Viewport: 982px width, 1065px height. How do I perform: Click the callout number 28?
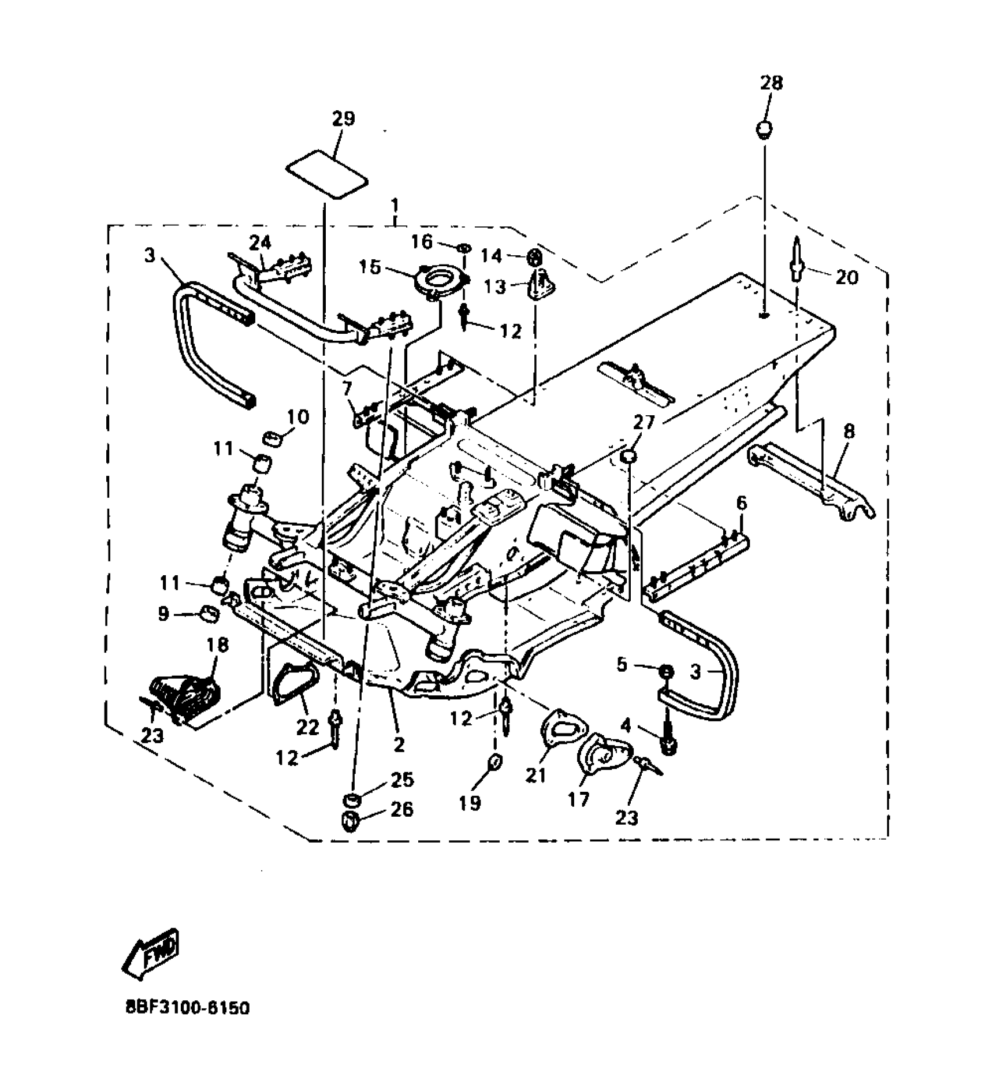pos(771,83)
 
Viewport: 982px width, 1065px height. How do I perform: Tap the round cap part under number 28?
pos(764,129)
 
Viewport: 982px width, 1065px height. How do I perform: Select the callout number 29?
pos(343,120)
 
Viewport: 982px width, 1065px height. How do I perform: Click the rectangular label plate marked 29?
pos(328,174)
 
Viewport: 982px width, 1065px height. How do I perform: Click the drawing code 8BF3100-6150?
pos(187,1025)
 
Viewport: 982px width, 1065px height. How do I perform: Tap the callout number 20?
pos(846,277)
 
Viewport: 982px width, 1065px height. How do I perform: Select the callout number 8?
pos(849,431)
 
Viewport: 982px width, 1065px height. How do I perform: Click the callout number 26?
pos(401,809)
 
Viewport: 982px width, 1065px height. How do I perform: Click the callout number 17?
pos(578,799)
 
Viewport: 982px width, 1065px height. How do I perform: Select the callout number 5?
pos(622,665)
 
